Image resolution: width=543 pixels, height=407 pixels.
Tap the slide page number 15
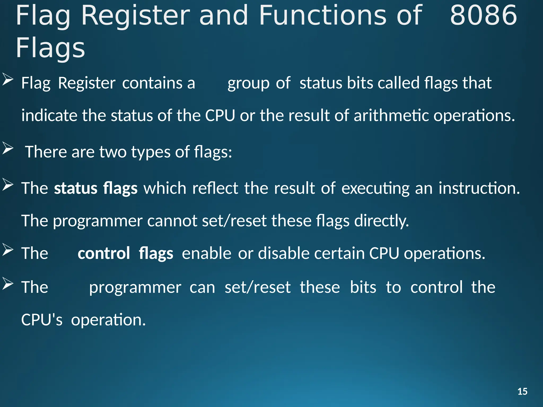click(522, 392)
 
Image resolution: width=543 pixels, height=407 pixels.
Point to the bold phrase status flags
click(96, 188)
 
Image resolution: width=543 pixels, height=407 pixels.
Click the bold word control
click(104, 253)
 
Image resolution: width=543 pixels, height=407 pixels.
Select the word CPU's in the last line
click(42, 320)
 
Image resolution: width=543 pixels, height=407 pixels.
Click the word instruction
click(479, 188)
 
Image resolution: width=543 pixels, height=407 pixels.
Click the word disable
click(284, 253)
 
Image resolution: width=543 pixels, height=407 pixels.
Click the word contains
click(152, 83)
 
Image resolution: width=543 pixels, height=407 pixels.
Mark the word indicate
click(49, 116)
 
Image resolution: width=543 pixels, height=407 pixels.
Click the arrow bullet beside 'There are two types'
click(8, 148)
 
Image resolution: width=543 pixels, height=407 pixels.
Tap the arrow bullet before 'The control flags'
click(8, 250)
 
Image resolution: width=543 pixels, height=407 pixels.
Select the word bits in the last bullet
click(363, 287)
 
